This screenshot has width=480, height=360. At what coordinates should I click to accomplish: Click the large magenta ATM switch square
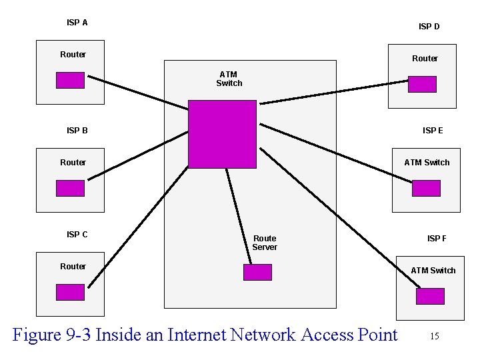tap(222, 134)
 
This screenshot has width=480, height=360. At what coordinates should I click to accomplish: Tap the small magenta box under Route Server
tap(257, 272)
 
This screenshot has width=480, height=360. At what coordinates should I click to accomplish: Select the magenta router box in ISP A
tap(70, 80)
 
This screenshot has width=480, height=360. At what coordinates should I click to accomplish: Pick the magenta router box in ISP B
tap(70, 188)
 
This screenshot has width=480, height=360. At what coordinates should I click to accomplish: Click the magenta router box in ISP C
tap(70, 292)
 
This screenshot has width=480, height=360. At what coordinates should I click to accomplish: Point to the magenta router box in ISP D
tap(422, 84)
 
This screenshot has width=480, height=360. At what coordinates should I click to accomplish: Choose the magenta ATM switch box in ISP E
tap(426, 188)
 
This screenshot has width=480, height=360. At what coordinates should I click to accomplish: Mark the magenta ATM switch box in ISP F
tap(430, 296)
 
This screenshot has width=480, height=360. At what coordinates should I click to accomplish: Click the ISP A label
tap(77, 23)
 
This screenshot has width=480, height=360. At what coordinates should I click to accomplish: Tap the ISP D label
tap(429, 27)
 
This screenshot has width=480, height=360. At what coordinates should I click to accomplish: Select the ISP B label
tap(77, 131)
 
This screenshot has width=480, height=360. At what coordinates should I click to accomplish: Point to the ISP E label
tap(432, 131)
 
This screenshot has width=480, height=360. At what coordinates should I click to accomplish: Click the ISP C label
tap(77, 235)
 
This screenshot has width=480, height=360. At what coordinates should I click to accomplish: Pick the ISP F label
tap(437, 239)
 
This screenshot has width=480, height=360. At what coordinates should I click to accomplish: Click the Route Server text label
tap(264, 243)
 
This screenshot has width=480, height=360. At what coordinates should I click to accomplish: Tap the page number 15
tap(434, 336)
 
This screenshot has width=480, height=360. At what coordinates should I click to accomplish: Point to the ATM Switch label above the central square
tap(229, 79)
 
